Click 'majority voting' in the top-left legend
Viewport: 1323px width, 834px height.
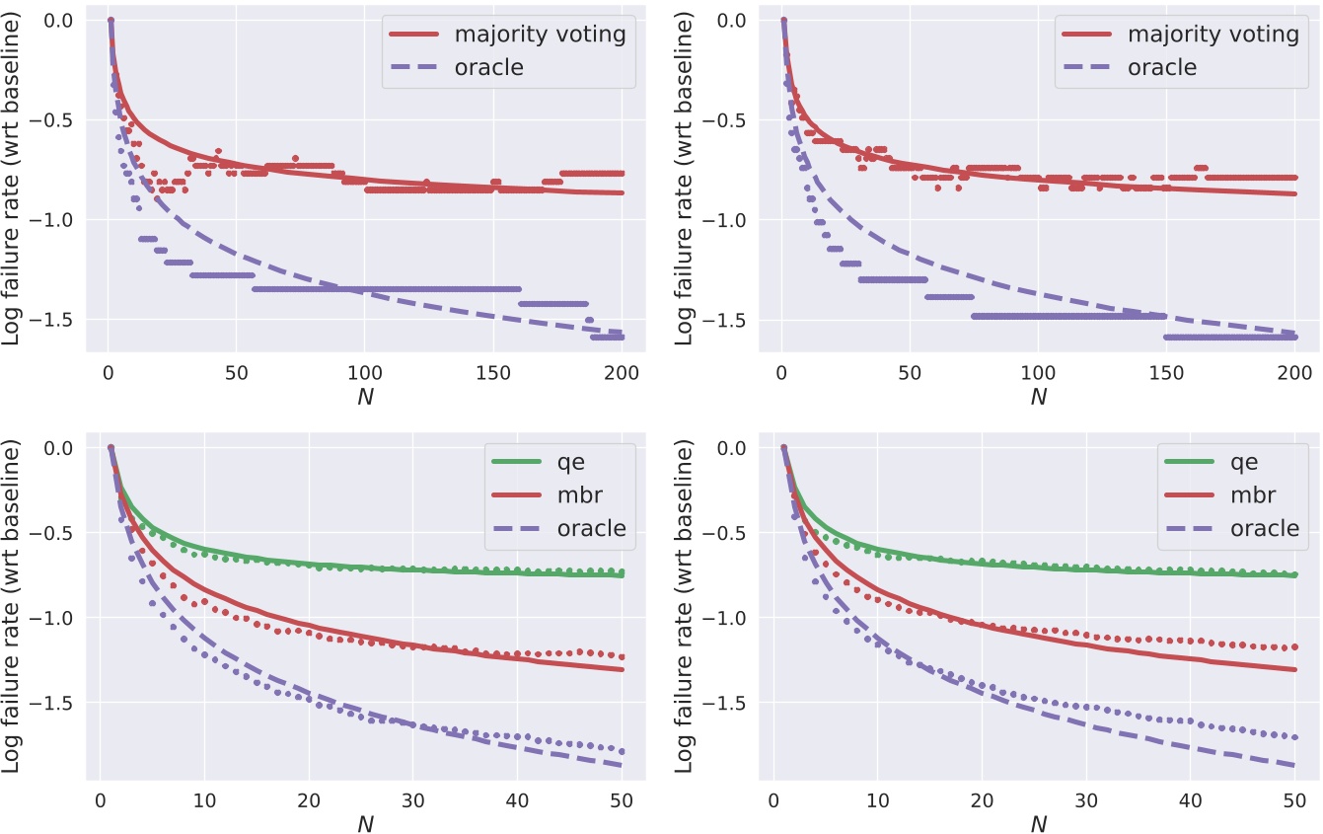click(x=540, y=34)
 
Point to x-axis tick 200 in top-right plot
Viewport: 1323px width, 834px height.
click(x=1294, y=373)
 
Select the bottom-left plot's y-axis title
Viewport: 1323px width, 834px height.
click(x=12, y=604)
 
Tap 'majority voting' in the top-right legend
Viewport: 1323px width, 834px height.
click(x=1213, y=34)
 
